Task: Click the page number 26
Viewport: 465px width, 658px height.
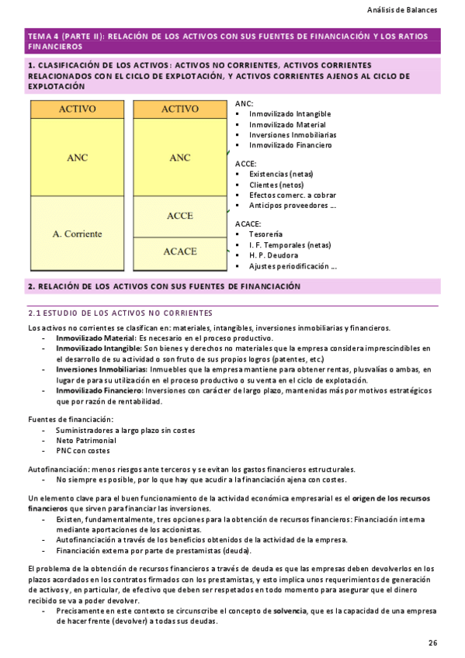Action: (x=432, y=642)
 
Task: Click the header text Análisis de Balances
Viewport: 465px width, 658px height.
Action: (x=401, y=11)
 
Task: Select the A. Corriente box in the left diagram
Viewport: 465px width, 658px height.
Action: (x=77, y=233)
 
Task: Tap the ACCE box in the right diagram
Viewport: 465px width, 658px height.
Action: (x=179, y=216)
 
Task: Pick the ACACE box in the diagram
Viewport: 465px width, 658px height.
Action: (x=179, y=251)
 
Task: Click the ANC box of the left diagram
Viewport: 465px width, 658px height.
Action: (x=77, y=158)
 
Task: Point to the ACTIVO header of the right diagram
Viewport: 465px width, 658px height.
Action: (x=179, y=109)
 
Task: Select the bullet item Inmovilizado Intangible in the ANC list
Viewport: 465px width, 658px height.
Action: (x=290, y=114)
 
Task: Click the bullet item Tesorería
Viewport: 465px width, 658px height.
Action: (x=265, y=234)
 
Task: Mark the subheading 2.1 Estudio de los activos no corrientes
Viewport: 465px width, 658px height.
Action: (x=120, y=313)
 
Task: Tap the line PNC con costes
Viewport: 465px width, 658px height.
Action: (x=82, y=451)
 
